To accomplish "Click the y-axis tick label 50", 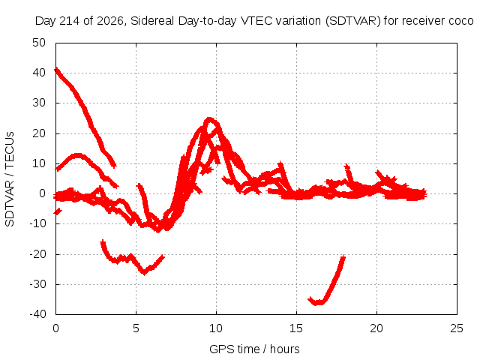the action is tap(39, 43).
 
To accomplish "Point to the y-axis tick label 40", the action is tap(39, 73).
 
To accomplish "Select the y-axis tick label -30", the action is tap(37, 284).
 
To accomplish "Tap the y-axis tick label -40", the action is tap(37, 314).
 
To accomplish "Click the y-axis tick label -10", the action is tap(37, 223).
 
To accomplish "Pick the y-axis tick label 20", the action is tap(39, 133).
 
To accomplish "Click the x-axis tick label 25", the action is tap(457, 328).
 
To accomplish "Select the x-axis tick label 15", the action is tap(296, 328).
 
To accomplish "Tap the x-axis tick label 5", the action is tap(136, 328).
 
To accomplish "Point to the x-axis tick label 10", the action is tap(216, 328).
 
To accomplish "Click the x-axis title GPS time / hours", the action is tap(254, 349).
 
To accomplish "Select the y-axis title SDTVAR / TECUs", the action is tap(10, 179).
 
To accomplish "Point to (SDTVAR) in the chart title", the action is tap(353, 21).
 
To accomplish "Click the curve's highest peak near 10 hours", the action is tap(209, 118).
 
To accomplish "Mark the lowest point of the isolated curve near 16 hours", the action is tap(317, 303).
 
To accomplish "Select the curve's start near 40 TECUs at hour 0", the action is tap(56, 70).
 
